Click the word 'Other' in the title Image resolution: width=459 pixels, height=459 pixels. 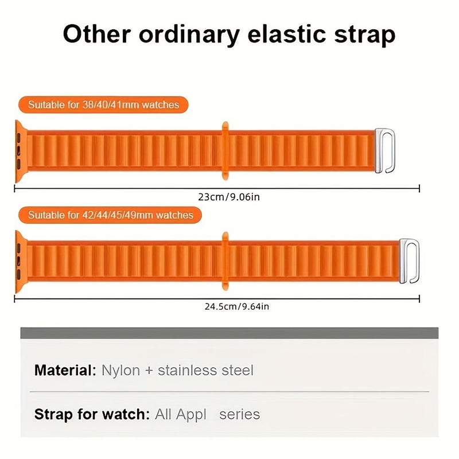pos(96,34)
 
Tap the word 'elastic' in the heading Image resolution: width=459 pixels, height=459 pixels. pos(286,34)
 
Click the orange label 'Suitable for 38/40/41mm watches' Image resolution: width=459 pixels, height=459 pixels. pos(103,104)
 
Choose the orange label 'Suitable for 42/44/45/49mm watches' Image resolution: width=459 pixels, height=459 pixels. pos(110,215)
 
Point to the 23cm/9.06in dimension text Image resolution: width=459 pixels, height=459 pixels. pos(229,197)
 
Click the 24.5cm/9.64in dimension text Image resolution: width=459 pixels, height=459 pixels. pos(236,306)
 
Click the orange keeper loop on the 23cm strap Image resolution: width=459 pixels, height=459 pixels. pos(225,150)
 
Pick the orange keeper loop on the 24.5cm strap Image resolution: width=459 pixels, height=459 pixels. pos(225,261)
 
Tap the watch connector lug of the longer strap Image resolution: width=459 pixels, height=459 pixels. pos(21,262)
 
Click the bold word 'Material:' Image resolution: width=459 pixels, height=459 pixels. pos(65,370)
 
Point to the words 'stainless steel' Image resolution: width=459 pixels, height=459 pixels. pos(205,370)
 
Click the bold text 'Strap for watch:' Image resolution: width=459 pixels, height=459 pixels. pos(92,414)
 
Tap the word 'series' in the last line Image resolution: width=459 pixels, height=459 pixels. pos(239,414)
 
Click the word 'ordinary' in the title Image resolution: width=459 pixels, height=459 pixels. pos(189,36)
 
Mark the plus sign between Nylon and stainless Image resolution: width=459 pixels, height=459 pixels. pos(149,371)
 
